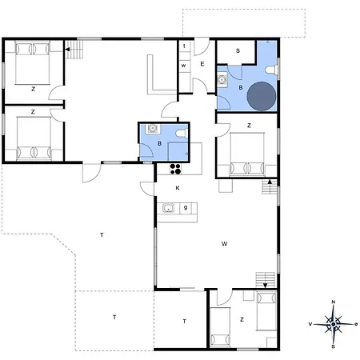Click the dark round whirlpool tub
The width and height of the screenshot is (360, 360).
click(x=262, y=96)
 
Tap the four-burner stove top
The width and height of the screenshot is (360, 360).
click(x=175, y=169)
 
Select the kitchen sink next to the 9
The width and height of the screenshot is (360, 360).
click(x=168, y=208)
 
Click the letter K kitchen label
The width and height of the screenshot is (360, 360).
click(x=178, y=188)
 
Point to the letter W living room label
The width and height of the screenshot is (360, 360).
click(x=224, y=243)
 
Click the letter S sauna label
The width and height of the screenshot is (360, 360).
click(x=238, y=50)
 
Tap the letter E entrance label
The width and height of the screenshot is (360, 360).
click(x=202, y=64)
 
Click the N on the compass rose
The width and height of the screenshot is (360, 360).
click(x=334, y=302)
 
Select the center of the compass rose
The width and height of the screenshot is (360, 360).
click(x=334, y=324)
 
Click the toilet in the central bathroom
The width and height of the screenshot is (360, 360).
click(x=182, y=133)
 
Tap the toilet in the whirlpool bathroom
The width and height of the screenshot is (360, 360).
click(x=270, y=70)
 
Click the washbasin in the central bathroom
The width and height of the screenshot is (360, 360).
click(x=152, y=128)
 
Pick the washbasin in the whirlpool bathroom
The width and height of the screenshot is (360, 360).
click(x=222, y=79)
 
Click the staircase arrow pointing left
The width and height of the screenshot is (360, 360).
click(x=68, y=50)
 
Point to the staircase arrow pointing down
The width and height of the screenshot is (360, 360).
click(x=266, y=286)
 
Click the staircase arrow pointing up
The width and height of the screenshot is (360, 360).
click(x=270, y=182)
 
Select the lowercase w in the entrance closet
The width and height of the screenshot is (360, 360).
click(x=183, y=66)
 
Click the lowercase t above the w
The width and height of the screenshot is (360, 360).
click(x=184, y=46)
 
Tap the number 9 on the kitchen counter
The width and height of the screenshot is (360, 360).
click(x=186, y=207)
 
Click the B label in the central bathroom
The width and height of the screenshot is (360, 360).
click(x=159, y=143)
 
